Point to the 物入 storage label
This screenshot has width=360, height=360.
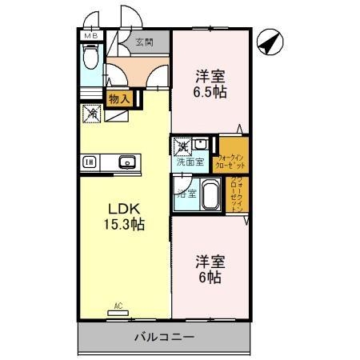(x=120, y=98)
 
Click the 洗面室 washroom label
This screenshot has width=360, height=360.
(x=190, y=162)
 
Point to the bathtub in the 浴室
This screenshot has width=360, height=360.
(x=210, y=194)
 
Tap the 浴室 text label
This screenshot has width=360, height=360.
(x=186, y=194)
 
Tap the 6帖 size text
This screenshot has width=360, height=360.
(x=210, y=278)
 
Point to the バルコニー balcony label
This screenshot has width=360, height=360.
(x=163, y=338)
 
